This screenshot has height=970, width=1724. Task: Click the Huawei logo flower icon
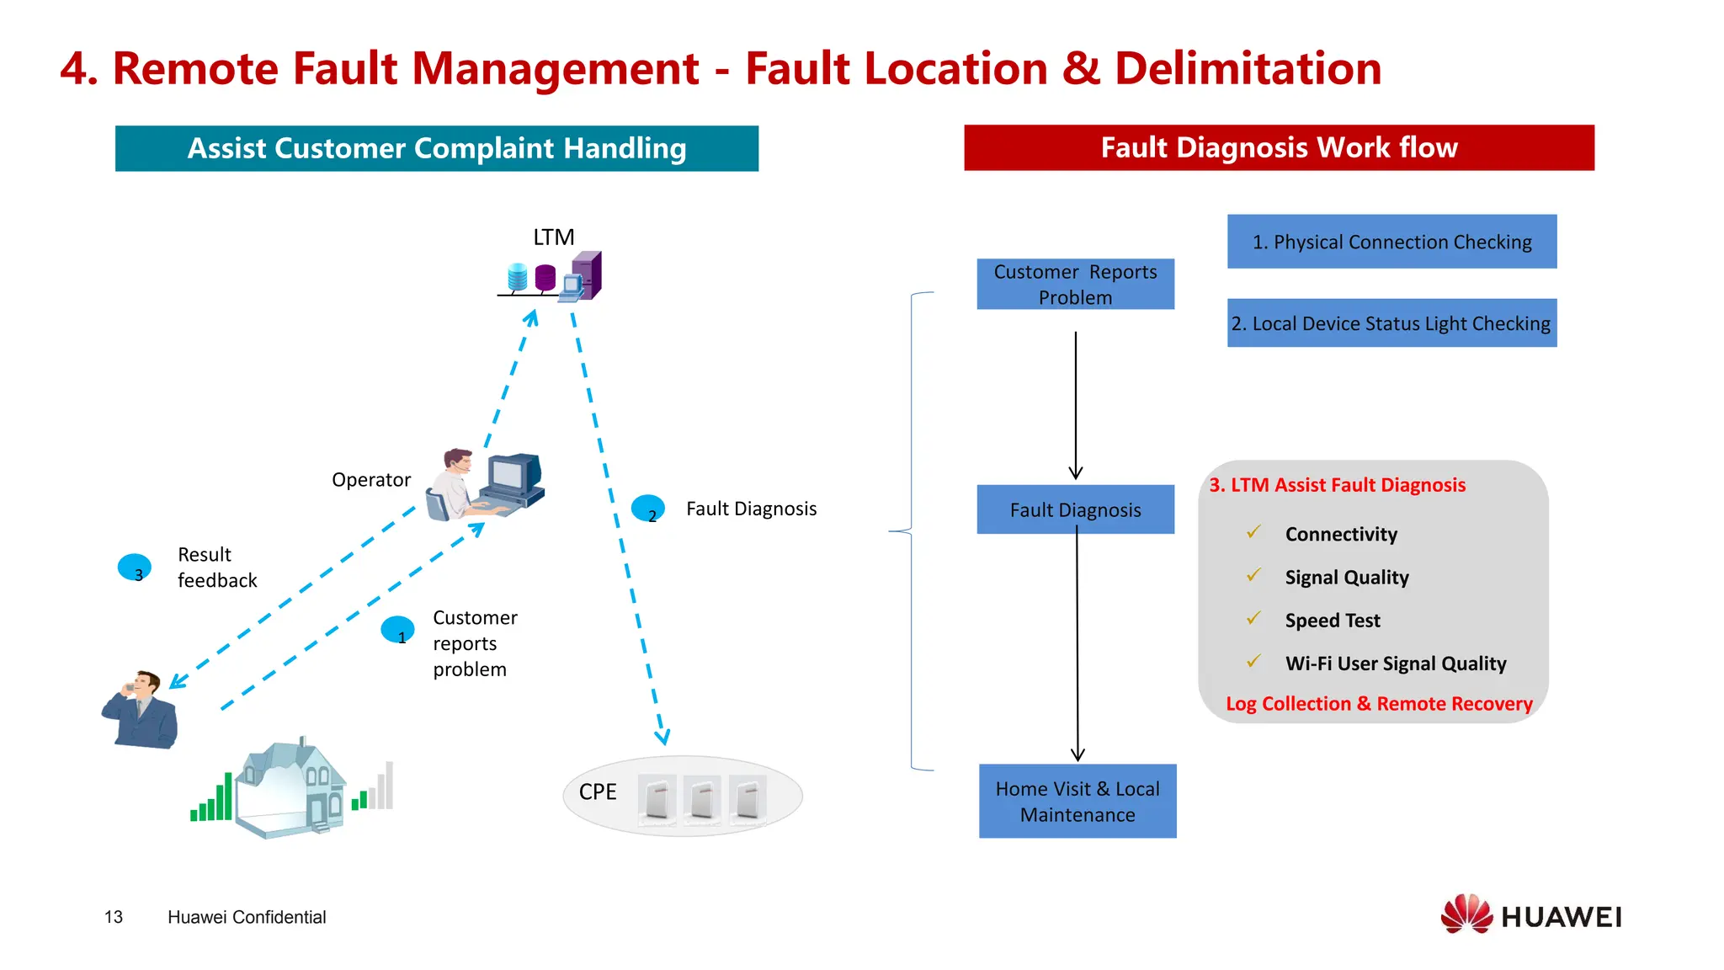point(1466,914)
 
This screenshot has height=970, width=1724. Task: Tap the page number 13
point(114,917)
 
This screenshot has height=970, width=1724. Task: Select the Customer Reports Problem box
point(1075,285)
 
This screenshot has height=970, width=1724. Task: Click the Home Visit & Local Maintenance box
point(1077,801)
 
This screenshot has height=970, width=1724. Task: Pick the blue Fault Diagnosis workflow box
point(1075,509)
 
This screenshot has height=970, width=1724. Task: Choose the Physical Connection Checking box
point(1391,242)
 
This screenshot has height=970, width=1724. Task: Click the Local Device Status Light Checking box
point(1391,323)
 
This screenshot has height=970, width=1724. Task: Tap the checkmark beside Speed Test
point(1253,619)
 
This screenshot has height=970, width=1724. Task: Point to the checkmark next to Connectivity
point(1253,532)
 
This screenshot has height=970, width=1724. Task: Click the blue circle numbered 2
point(647,509)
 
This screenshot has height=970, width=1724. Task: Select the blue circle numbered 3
point(135,568)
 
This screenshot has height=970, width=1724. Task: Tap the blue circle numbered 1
point(397,630)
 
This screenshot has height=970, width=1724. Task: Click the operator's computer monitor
point(513,475)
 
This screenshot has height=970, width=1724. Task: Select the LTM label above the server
point(553,237)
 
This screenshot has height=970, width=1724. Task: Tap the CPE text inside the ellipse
point(598,792)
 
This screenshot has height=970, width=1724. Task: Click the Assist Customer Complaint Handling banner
point(436,148)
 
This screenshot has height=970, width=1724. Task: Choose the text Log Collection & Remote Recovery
point(1378,704)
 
